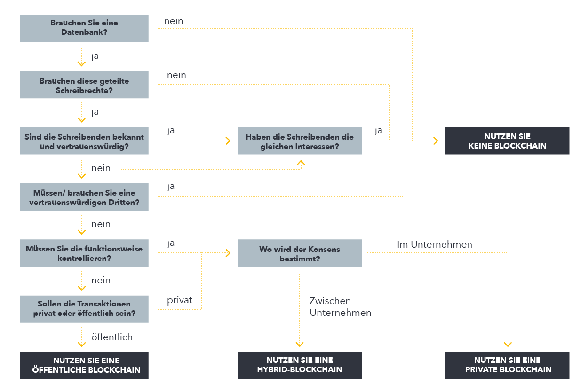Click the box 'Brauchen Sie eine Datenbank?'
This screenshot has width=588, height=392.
pyautogui.click(x=84, y=28)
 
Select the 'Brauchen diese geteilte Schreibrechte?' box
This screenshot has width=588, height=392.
pyautogui.click(x=84, y=85)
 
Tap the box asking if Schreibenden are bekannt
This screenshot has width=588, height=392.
pyautogui.click(x=84, y=141)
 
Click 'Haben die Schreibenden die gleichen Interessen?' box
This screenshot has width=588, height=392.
pyautogui.click(x=300, y=141)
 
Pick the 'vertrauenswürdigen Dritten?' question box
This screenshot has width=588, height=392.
pyautogui.click(x=84, y=197)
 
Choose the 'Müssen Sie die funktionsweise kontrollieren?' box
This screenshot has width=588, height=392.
pyautogui.click(x=84, y=253)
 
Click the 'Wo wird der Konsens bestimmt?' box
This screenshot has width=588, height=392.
pyautogui.click(x=300, y=253)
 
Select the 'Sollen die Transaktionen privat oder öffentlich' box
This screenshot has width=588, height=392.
pyautogui.click(x=84, y=309)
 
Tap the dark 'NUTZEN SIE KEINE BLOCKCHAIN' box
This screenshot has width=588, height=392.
pyautogui.click(x=507, y=141)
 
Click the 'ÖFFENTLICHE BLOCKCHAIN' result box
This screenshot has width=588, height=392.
pyautogui.click(x=84, y=365)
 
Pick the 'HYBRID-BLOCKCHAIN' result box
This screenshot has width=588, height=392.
pyautogui.click(x=300, y=365)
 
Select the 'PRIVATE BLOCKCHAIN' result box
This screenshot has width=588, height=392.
pyautogui.click(x=507, y=365)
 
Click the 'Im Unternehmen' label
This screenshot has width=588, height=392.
pyautogui.click(x=435, y=244)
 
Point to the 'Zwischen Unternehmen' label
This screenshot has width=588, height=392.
pyautogui.click(x=340, y=306)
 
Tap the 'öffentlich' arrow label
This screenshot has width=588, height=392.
pyautogui.click(x=112, y=337)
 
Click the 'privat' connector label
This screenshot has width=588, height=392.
pyautogui.click(x=180, y=300)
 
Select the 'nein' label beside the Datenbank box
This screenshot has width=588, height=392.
pyautogui.click(x=174, y=21)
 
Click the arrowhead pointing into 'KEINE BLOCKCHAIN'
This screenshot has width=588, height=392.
pyautogui.click(x=436, y=141)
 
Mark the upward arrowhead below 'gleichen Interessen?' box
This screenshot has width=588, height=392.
pyautogui.click(x=301, y=163)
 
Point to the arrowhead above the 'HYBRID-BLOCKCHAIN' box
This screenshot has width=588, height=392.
pyautogui.click(x=300, y=344)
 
